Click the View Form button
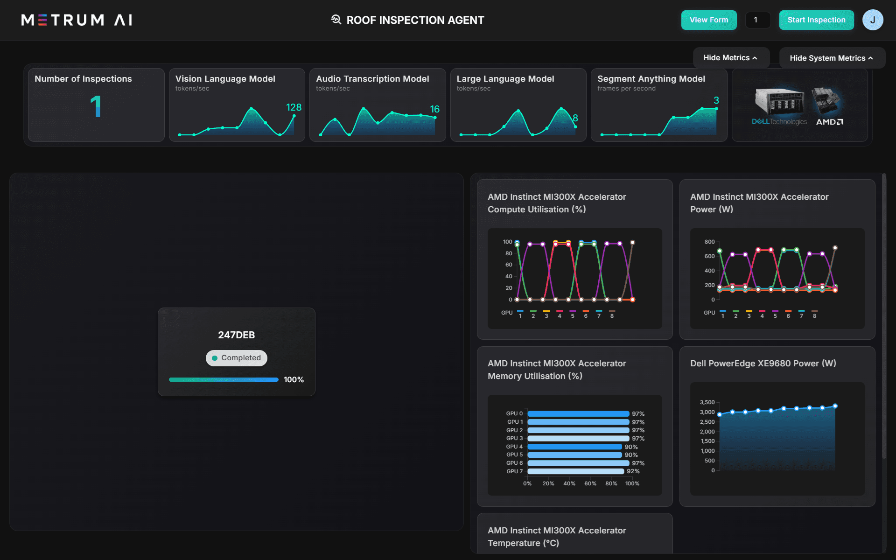(x=708, y=20)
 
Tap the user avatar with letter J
(x=872, y=20)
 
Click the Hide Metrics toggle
(x=730, y=58)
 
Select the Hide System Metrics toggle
(x=831, y=58)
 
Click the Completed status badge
(x=237, y=358)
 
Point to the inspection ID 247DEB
(x=237, y=335)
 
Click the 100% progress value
(x=294, y=380)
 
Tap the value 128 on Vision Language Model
(x=294, y=107)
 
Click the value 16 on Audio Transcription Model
(x=434, y=109)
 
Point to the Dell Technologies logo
(x=779, y=122)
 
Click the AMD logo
(x=829, y=122)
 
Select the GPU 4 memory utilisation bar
(x=574, y=447)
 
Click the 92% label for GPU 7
(x=633, y=471)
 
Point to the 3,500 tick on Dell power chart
(x=707, y=402)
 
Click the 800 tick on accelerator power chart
(x=709, y=242)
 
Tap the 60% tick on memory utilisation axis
(x=590, y=483)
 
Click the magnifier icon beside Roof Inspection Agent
(x=336, y=20)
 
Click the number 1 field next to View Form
(x=757, y=20)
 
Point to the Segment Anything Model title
(x=651, y=79)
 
